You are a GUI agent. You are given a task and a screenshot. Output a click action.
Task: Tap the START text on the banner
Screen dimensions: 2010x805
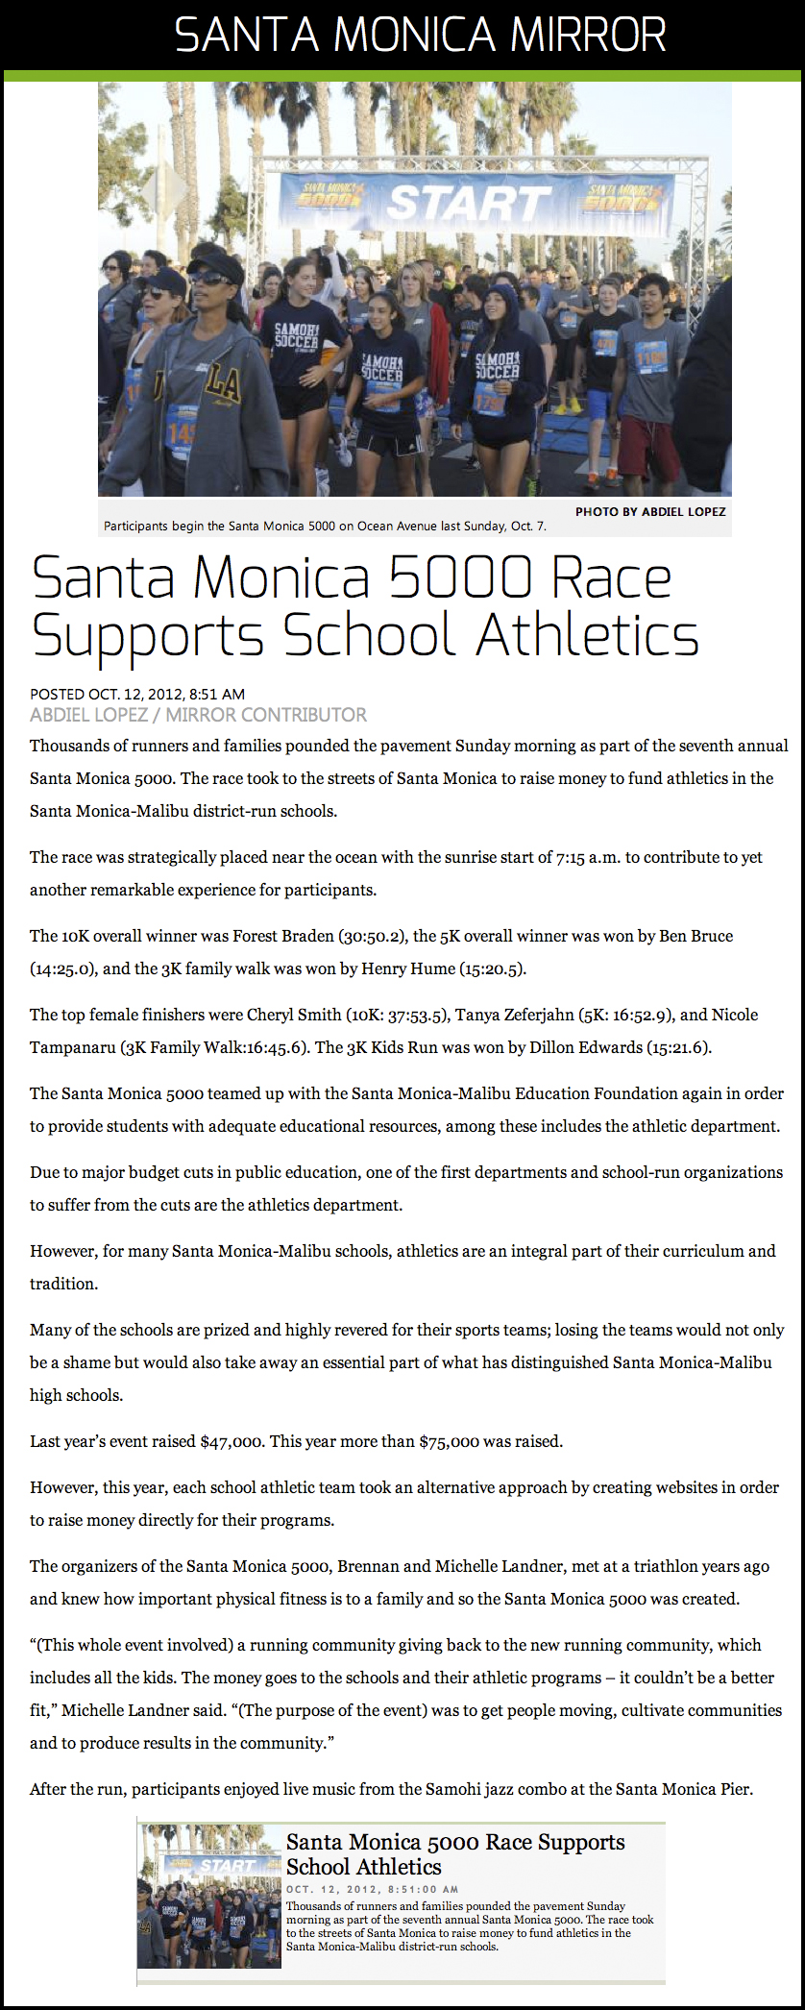[x=469, y=204]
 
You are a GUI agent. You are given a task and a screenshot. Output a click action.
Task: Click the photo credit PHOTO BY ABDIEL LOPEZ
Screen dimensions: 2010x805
[x=650, y=511]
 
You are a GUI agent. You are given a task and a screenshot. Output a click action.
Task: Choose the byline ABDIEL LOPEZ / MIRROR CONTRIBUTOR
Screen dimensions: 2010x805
[x=198, y=715]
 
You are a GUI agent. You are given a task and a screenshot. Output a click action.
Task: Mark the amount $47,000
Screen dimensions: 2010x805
[x=231, y=1441]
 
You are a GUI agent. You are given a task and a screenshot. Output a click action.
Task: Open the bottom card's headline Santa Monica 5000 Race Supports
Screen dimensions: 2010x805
[x=455, y=1842]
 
